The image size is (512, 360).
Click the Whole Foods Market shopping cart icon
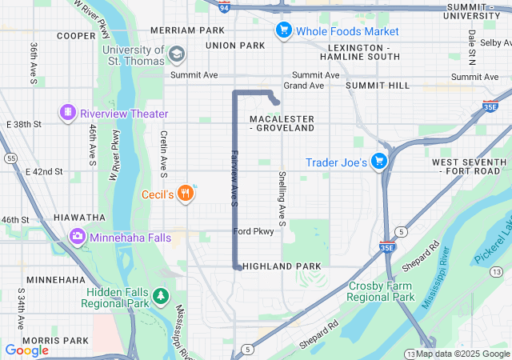[x=282, y=31]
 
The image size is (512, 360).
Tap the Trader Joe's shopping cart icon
[x=379, y=162]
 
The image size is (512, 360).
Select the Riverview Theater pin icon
[x=68, y=113]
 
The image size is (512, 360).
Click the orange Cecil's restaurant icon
[x=186, y=193]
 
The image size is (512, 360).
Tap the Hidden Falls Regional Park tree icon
[x=162, y=297]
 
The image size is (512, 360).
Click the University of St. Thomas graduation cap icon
[x=176, y=54]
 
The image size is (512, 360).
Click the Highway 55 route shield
[x=10, y=158]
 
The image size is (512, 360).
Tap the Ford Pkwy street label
[x=254, y=231]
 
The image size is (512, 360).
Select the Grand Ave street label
[x=303, y=85]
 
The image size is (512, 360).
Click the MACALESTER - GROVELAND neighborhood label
[x=282, y=123]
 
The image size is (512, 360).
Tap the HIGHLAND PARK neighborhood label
[x=282, y=266]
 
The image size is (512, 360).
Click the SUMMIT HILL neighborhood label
[x=378, y=85]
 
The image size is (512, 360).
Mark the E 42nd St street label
[x=44, y=171]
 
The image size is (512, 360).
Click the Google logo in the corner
[x=26, y=350]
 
